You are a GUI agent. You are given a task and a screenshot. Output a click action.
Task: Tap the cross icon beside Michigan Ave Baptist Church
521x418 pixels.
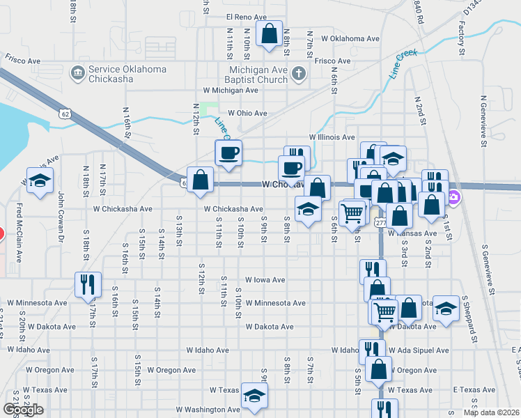[298, 73]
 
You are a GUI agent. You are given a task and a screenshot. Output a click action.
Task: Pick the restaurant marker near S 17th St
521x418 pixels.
[88, 284]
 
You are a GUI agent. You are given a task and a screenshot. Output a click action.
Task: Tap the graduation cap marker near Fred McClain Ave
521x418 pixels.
[40, 181]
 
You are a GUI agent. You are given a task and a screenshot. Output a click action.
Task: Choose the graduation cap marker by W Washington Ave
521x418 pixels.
[254, 396]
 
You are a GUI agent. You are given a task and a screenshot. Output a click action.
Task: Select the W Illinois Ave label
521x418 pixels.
[332, 138]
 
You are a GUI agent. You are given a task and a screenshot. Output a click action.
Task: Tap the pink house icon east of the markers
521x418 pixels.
[454, 198]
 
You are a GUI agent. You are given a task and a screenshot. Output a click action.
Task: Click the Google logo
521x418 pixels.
[23, 409]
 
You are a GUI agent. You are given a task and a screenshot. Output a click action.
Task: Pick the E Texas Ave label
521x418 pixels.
[474, 390]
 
